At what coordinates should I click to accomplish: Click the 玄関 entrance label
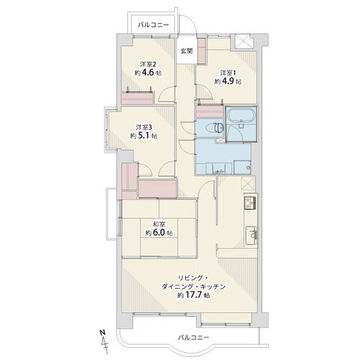coord(186,51)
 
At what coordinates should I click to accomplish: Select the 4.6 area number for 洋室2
coord(147,73)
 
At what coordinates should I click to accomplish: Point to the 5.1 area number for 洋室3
coord(143,136)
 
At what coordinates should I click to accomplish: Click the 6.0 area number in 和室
coord(158,233)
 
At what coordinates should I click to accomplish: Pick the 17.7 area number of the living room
coord(193,295)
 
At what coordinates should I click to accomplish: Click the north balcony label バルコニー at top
coord(153,25)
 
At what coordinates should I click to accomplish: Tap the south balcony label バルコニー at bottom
coord(194,338)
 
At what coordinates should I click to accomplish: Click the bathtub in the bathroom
coord(241,116)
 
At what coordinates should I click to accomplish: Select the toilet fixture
coord(217,128)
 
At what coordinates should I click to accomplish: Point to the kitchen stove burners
coord(251,202)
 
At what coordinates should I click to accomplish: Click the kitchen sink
coord(251,235)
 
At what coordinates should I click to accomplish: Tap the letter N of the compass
coord(103,333)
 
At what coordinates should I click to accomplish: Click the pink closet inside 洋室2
coord(138,99)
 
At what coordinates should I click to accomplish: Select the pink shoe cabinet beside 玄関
coord(202,51)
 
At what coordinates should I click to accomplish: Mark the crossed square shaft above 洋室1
coord(243,42)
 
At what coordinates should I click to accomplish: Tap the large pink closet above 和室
coord(158,189)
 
